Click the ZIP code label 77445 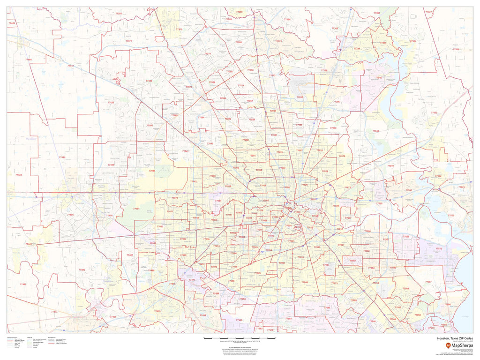tap(11, 23)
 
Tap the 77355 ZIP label tap(119, 14)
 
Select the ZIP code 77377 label tap(128, 41)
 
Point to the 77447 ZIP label tap(70, 66)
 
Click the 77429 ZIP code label tap(149, 81)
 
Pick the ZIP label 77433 tap(111, 102)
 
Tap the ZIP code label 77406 tap(82, 270)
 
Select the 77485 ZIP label tap(23, 285)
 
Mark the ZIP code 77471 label tap(54, 312)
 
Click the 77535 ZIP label tap(456, 49)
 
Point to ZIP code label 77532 tap(434, 112)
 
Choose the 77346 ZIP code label tap(378, 77)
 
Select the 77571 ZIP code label tap(439, 248)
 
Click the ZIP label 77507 tap(428, 282)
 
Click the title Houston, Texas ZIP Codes tap(455, 338)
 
